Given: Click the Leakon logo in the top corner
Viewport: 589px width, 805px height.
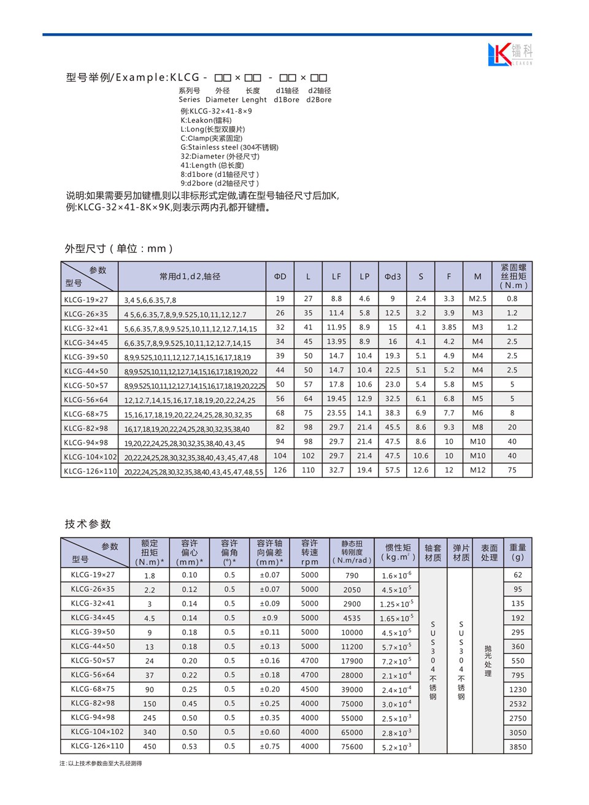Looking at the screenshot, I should click(x=510, y=54).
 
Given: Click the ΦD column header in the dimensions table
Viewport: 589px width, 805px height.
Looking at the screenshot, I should click(x=280, y=277).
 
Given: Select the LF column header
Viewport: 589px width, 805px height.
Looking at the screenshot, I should click(x=336, y=277).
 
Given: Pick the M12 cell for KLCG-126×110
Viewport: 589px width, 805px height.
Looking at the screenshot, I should click(x=477, y=470).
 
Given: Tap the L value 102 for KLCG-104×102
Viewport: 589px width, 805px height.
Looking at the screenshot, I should click(x=308, y=456).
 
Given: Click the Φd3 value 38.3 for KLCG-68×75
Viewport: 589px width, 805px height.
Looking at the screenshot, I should click(x=393, y=413).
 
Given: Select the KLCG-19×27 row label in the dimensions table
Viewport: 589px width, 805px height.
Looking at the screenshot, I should click(x=86, y=299).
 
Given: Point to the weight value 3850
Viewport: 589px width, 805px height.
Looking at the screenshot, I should click(x=518, y=747).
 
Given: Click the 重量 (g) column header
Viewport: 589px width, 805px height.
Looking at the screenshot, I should click(x=518, y=552).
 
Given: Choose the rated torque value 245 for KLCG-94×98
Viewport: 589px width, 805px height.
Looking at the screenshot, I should click(x=150, y=718).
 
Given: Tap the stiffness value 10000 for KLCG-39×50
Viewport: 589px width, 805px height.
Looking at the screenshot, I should click(x=352, y=633).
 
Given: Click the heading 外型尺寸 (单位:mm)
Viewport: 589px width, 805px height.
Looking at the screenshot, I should click(x=119, y=248).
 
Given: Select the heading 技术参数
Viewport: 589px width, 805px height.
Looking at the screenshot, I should click(x=88, y=524).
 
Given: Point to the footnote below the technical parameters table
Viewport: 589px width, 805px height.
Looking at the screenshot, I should click(x=101, y=763).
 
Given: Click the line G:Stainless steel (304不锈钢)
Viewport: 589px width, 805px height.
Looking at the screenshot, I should click(x=229, y=147).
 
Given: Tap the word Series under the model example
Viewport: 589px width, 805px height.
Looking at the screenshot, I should click(x=189, y=99).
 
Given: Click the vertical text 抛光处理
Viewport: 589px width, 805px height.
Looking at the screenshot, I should click(x=488, y=661).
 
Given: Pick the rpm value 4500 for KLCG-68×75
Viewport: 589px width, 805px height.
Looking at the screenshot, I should click(x=310, y=689).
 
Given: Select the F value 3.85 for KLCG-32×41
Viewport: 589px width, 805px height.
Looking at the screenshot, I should click(x=449, y=328).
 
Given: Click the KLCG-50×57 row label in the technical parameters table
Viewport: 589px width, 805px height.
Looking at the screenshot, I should click(x=93, y=660).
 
